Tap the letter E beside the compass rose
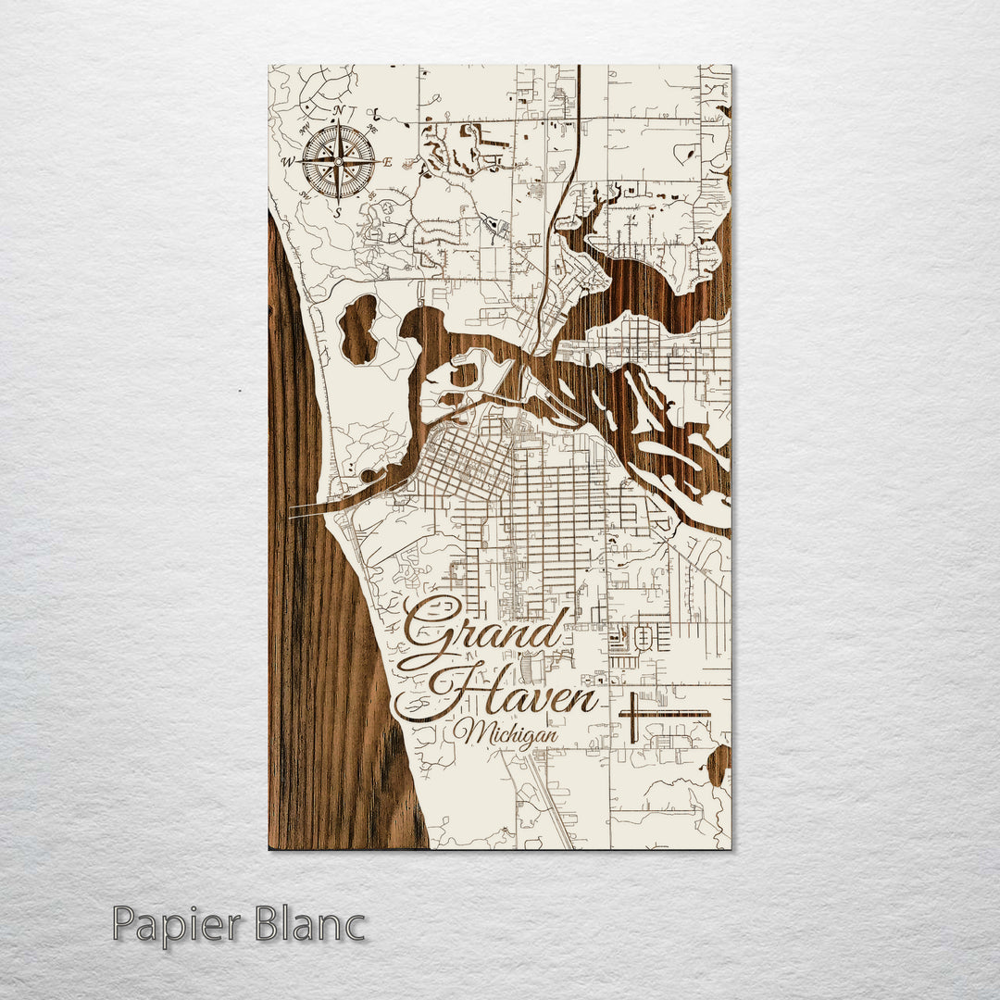pyautogui.click(x=388, y=162)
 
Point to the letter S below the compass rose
pyautogui.click(x=338, y=212)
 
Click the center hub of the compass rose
pyautogui.click(x=338, y=162)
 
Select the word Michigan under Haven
pyautogui.click(x=506, y=732)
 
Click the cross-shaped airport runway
pyautogui.click(x=633, y=714)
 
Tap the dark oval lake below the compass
pyautogui.click(x=358, y=328)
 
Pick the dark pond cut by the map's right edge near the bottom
pyautogui.click(x=719, y=764)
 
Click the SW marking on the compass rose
pyautogui.click(x=305, y=196)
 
